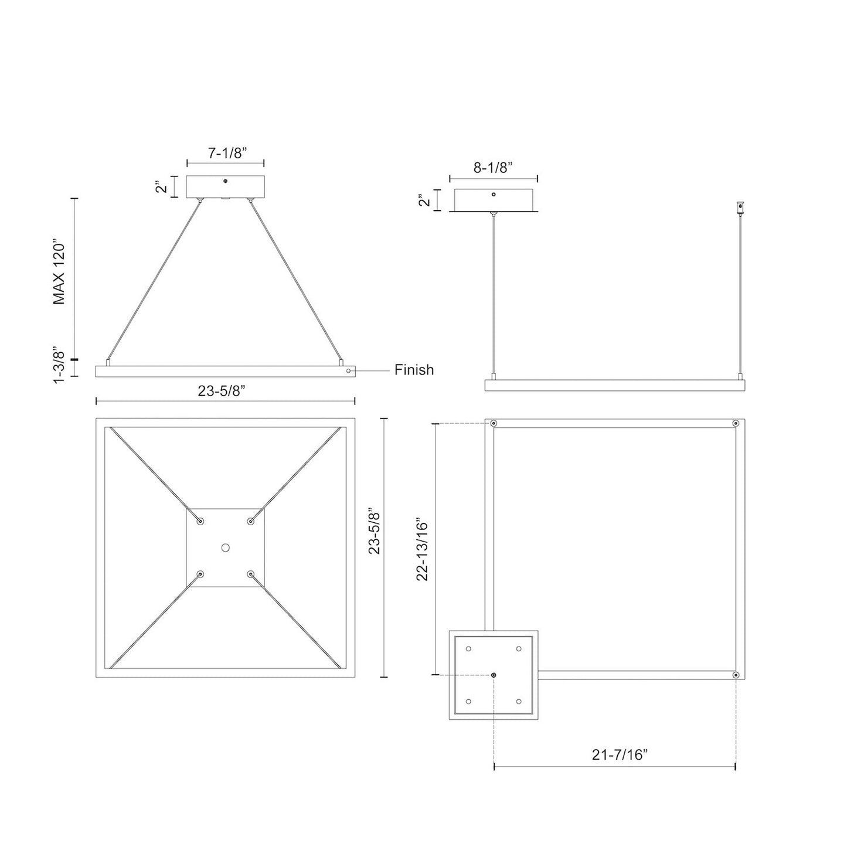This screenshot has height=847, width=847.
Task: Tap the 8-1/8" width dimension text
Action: [493, 167]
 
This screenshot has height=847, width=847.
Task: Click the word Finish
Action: [414, 370]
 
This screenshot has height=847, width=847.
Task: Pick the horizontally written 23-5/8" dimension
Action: [225, 391]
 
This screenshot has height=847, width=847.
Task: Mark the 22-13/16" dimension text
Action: [423, 549]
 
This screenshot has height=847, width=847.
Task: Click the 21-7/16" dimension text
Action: [620, 755]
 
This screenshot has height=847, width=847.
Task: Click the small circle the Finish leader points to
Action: [349, 371]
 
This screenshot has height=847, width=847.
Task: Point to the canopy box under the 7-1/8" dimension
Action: [225, 187]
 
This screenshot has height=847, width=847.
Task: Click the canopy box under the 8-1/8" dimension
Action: [493, 200]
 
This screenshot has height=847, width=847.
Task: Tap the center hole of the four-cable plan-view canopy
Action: [225, 547]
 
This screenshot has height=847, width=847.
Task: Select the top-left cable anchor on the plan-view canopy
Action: [200, 521]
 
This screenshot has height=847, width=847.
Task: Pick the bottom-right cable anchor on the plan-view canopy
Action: [251, 574]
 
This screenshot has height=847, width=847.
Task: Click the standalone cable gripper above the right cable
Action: [740, 207]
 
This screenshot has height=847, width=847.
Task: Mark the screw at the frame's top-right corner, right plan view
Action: [736, 423]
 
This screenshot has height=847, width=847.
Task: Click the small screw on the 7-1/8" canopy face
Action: [225, 182]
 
